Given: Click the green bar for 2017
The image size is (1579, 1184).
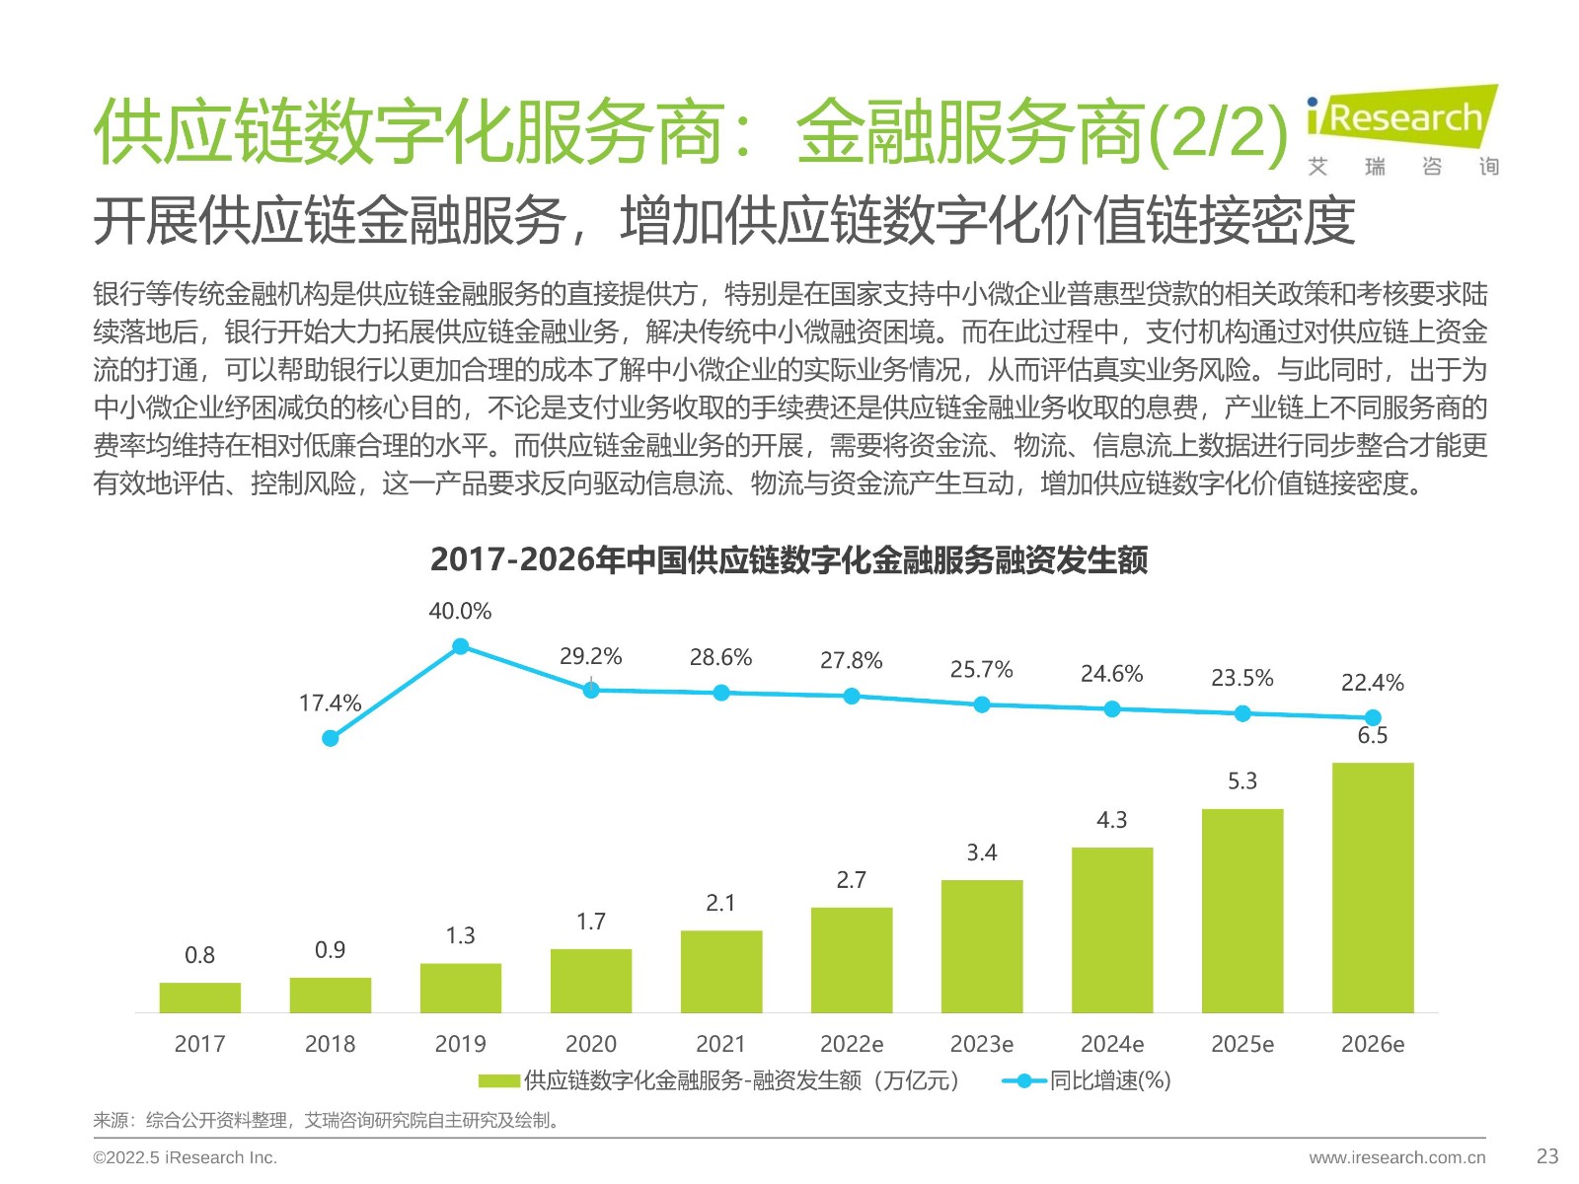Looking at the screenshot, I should coord(199,998).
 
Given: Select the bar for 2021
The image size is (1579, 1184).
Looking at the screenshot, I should coord(721,971).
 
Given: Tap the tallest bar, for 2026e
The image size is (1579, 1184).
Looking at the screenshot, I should coord(1373,888).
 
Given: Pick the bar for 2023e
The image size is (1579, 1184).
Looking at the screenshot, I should coord(982,946).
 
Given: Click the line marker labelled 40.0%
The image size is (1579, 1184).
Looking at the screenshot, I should coord(460,647).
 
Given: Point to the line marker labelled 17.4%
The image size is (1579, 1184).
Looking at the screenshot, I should coord(331,738).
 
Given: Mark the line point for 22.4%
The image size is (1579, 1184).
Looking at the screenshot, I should coord(1373,717).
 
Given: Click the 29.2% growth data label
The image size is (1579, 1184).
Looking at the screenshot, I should coord(590,657).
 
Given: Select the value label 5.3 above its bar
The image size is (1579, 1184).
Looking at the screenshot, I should coord(1242,781).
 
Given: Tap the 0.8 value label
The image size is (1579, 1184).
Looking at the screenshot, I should coord(199,955).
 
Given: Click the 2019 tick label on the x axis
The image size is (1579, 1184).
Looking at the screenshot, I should coord(460,1044).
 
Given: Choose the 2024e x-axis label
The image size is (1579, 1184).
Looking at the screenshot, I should coord(1112,1044).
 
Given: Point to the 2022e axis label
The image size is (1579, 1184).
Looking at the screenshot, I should coord(852,1044).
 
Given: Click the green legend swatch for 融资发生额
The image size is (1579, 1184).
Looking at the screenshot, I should coord(499,1081).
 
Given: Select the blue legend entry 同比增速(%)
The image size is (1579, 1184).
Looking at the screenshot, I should coord(1086,1081).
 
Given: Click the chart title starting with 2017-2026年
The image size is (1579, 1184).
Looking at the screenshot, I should coord(789,560).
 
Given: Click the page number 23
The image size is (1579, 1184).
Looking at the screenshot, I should coord(1547,1156).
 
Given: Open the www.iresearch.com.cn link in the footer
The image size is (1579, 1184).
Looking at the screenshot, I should coord(1396,1157).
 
